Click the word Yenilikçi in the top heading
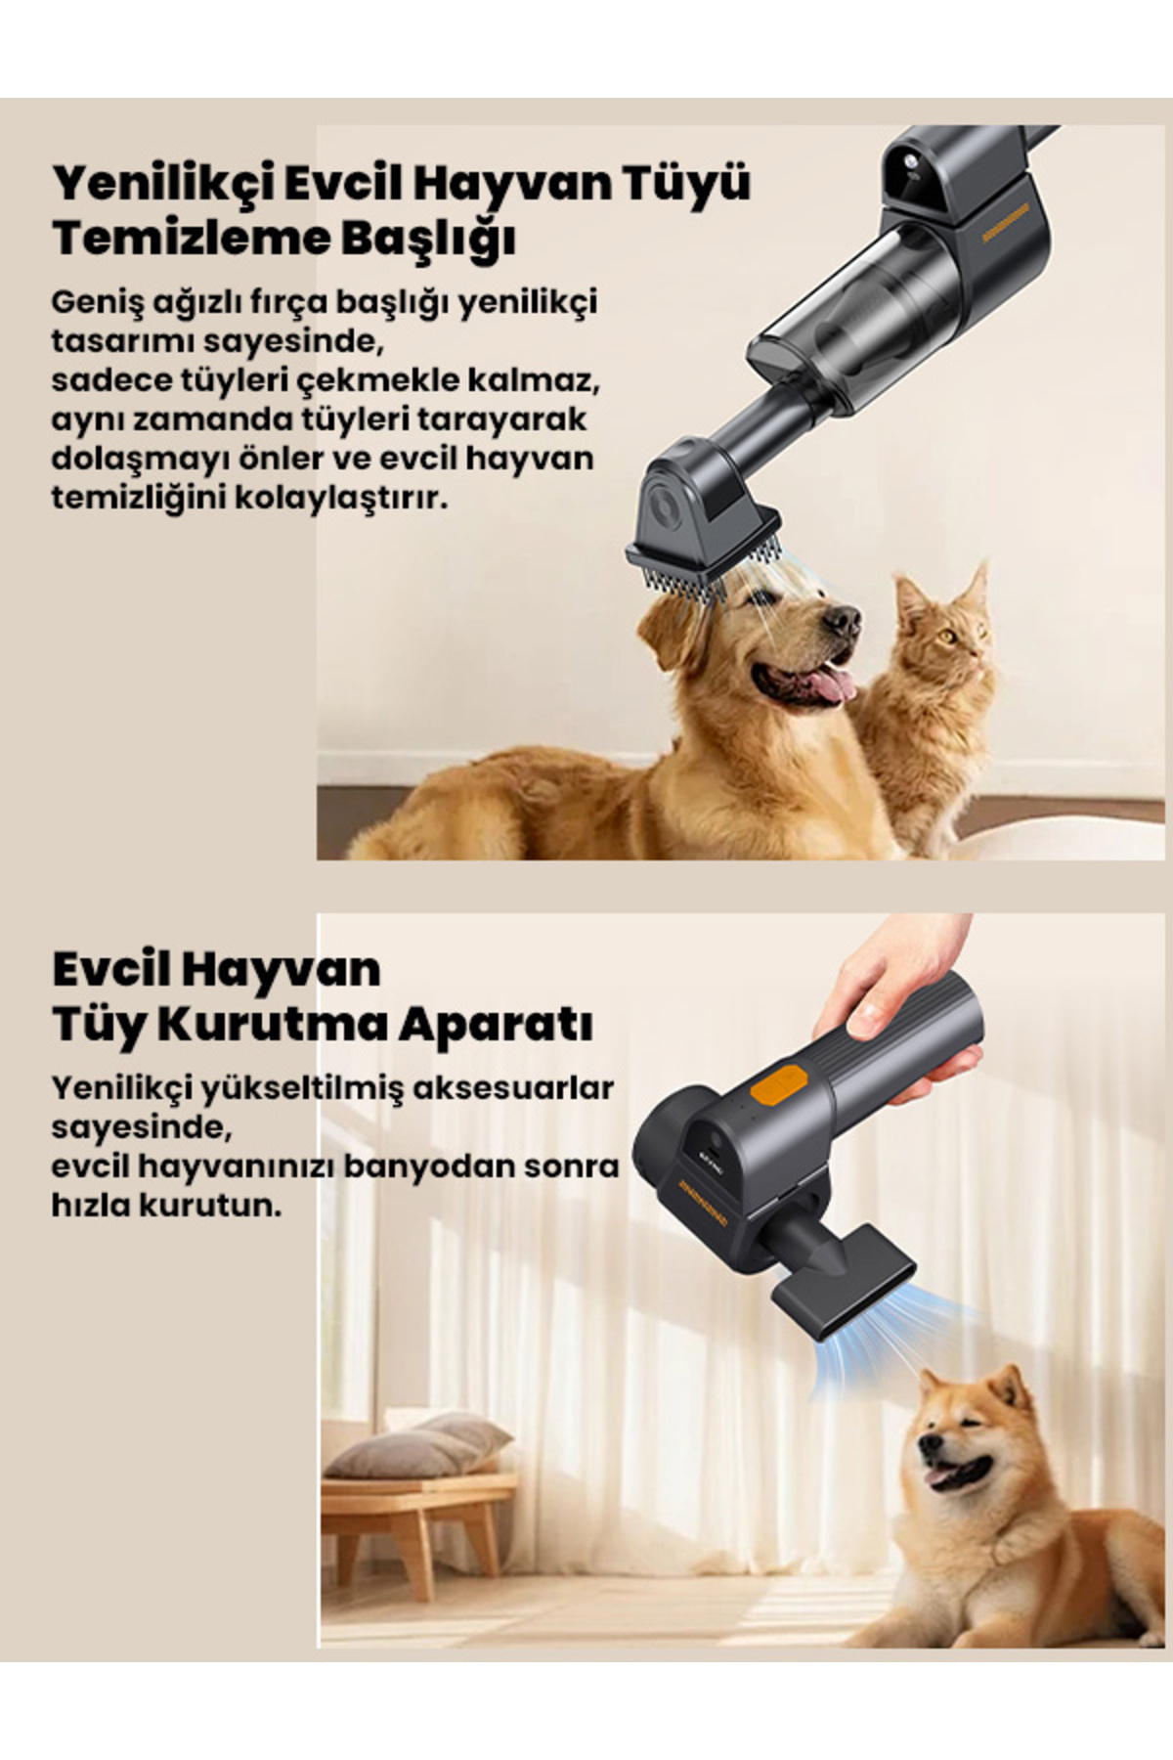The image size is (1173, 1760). [x=160, y=184]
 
